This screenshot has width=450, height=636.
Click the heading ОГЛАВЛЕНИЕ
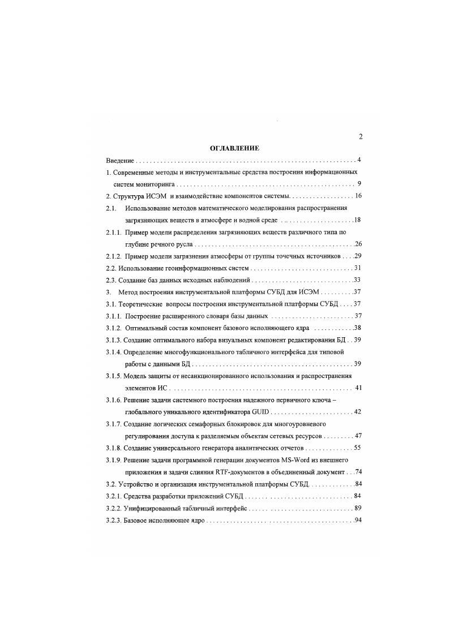pos(234,148)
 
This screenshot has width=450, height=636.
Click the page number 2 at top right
pos(361,136)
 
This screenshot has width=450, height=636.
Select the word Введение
pos(119,161)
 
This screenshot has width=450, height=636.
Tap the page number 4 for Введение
pos(359,161)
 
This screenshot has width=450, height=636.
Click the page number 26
pos(358,244)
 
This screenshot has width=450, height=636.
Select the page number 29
pos(358,256)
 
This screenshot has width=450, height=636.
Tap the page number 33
pos(357,280)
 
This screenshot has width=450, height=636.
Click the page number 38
pos(357,328)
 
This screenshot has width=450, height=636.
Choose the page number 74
pos(357,472)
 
